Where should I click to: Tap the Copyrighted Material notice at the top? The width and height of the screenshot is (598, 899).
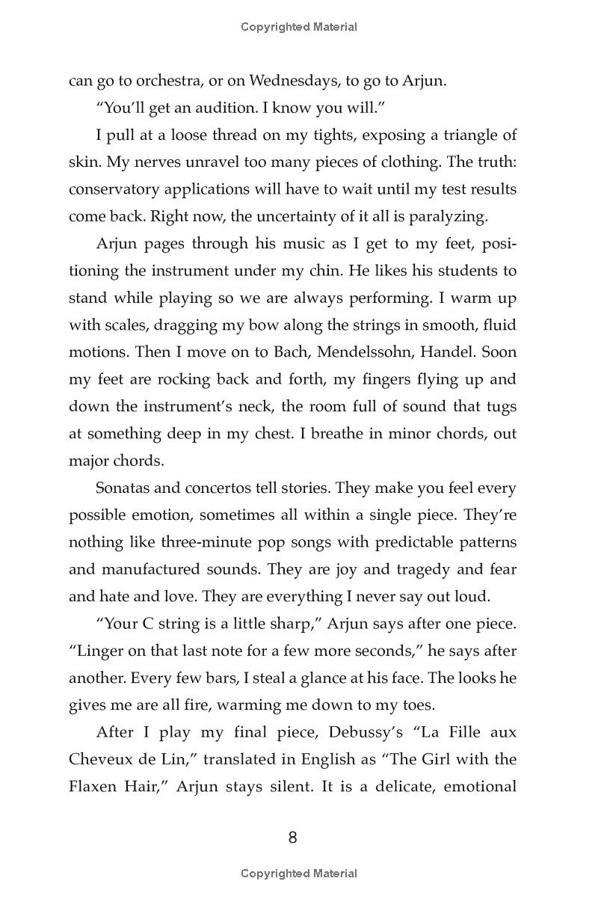click(299, 27)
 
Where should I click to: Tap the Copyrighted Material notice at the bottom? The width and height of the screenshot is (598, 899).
click(299, 873)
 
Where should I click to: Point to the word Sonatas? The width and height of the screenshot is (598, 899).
click(123, 488)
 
